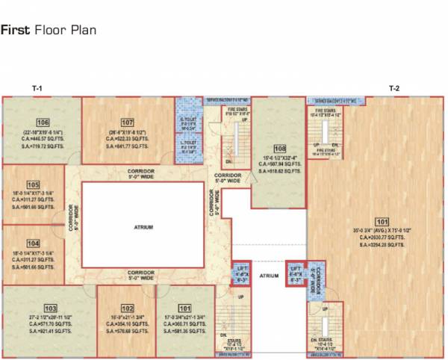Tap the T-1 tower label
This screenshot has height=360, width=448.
[37, 89]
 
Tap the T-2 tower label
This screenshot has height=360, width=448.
[394, 89]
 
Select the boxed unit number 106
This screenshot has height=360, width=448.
[43, 122]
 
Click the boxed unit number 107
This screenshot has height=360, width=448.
[127, 122]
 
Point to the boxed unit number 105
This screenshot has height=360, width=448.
[33, 184]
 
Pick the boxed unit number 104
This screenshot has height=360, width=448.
[33, 243]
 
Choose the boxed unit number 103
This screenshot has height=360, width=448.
[50, 308]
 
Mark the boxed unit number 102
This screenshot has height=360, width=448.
[127, 308]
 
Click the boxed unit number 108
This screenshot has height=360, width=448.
[280, 148]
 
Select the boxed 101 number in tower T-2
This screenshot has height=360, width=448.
[382, 221]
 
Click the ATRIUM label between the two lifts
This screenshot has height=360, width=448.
[269, 276]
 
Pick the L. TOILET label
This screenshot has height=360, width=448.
[187, 142]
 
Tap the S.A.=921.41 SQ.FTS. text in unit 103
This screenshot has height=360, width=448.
[50, 329]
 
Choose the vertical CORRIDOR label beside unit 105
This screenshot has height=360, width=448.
[72, 217]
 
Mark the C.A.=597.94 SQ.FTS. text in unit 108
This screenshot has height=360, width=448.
[280, 164]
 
